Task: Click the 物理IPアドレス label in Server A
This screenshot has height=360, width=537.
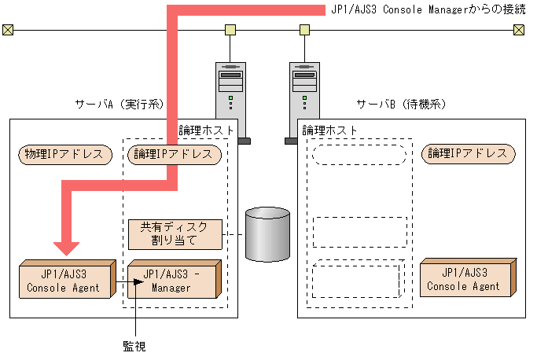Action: [x=64, y=154]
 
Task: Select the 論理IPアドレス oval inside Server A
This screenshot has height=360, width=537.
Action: [x=173, y=154]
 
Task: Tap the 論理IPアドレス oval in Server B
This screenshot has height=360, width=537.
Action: [x=469, y=154]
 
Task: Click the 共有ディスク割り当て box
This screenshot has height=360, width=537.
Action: [x=174, y=234]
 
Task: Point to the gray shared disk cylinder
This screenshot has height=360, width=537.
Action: [x=267, y=234]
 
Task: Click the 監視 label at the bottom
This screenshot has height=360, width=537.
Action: [x=134, y=346]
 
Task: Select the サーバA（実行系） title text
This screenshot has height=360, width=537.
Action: [x=118, y=104]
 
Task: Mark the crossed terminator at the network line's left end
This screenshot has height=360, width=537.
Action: [x=8, y=31]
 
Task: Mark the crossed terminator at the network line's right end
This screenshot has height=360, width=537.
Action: [x=518, y=31]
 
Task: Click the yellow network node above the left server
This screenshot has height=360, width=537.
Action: [x=230, y=31]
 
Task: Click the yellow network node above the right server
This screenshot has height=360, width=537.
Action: [x=304, y=31]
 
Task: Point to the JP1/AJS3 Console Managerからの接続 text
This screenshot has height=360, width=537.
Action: [x=428, y=9]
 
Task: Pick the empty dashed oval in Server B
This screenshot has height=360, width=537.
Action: [x=359, y=154]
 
